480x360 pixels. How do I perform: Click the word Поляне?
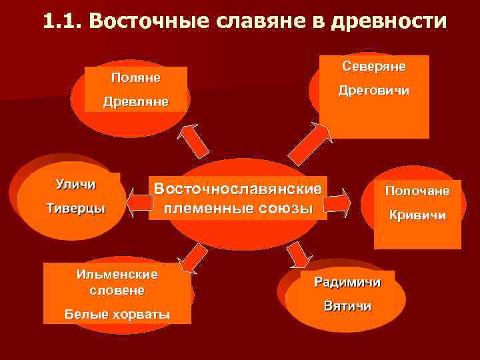[135, 77]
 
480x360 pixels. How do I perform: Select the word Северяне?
[373, 66]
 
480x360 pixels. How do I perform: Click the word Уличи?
[75, 184]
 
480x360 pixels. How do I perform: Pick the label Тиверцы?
[75, 208]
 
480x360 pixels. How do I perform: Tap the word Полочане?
[417, 191]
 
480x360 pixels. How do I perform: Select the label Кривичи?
[418, 216]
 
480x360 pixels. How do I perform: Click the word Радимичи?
[347, 282]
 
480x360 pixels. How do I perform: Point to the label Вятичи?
[347, 306]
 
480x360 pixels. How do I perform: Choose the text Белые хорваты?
[117, 314]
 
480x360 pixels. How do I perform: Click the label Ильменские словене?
[117, 283]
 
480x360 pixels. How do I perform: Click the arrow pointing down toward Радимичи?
[299, 255]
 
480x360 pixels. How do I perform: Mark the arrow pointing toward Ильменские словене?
[191, 257]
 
